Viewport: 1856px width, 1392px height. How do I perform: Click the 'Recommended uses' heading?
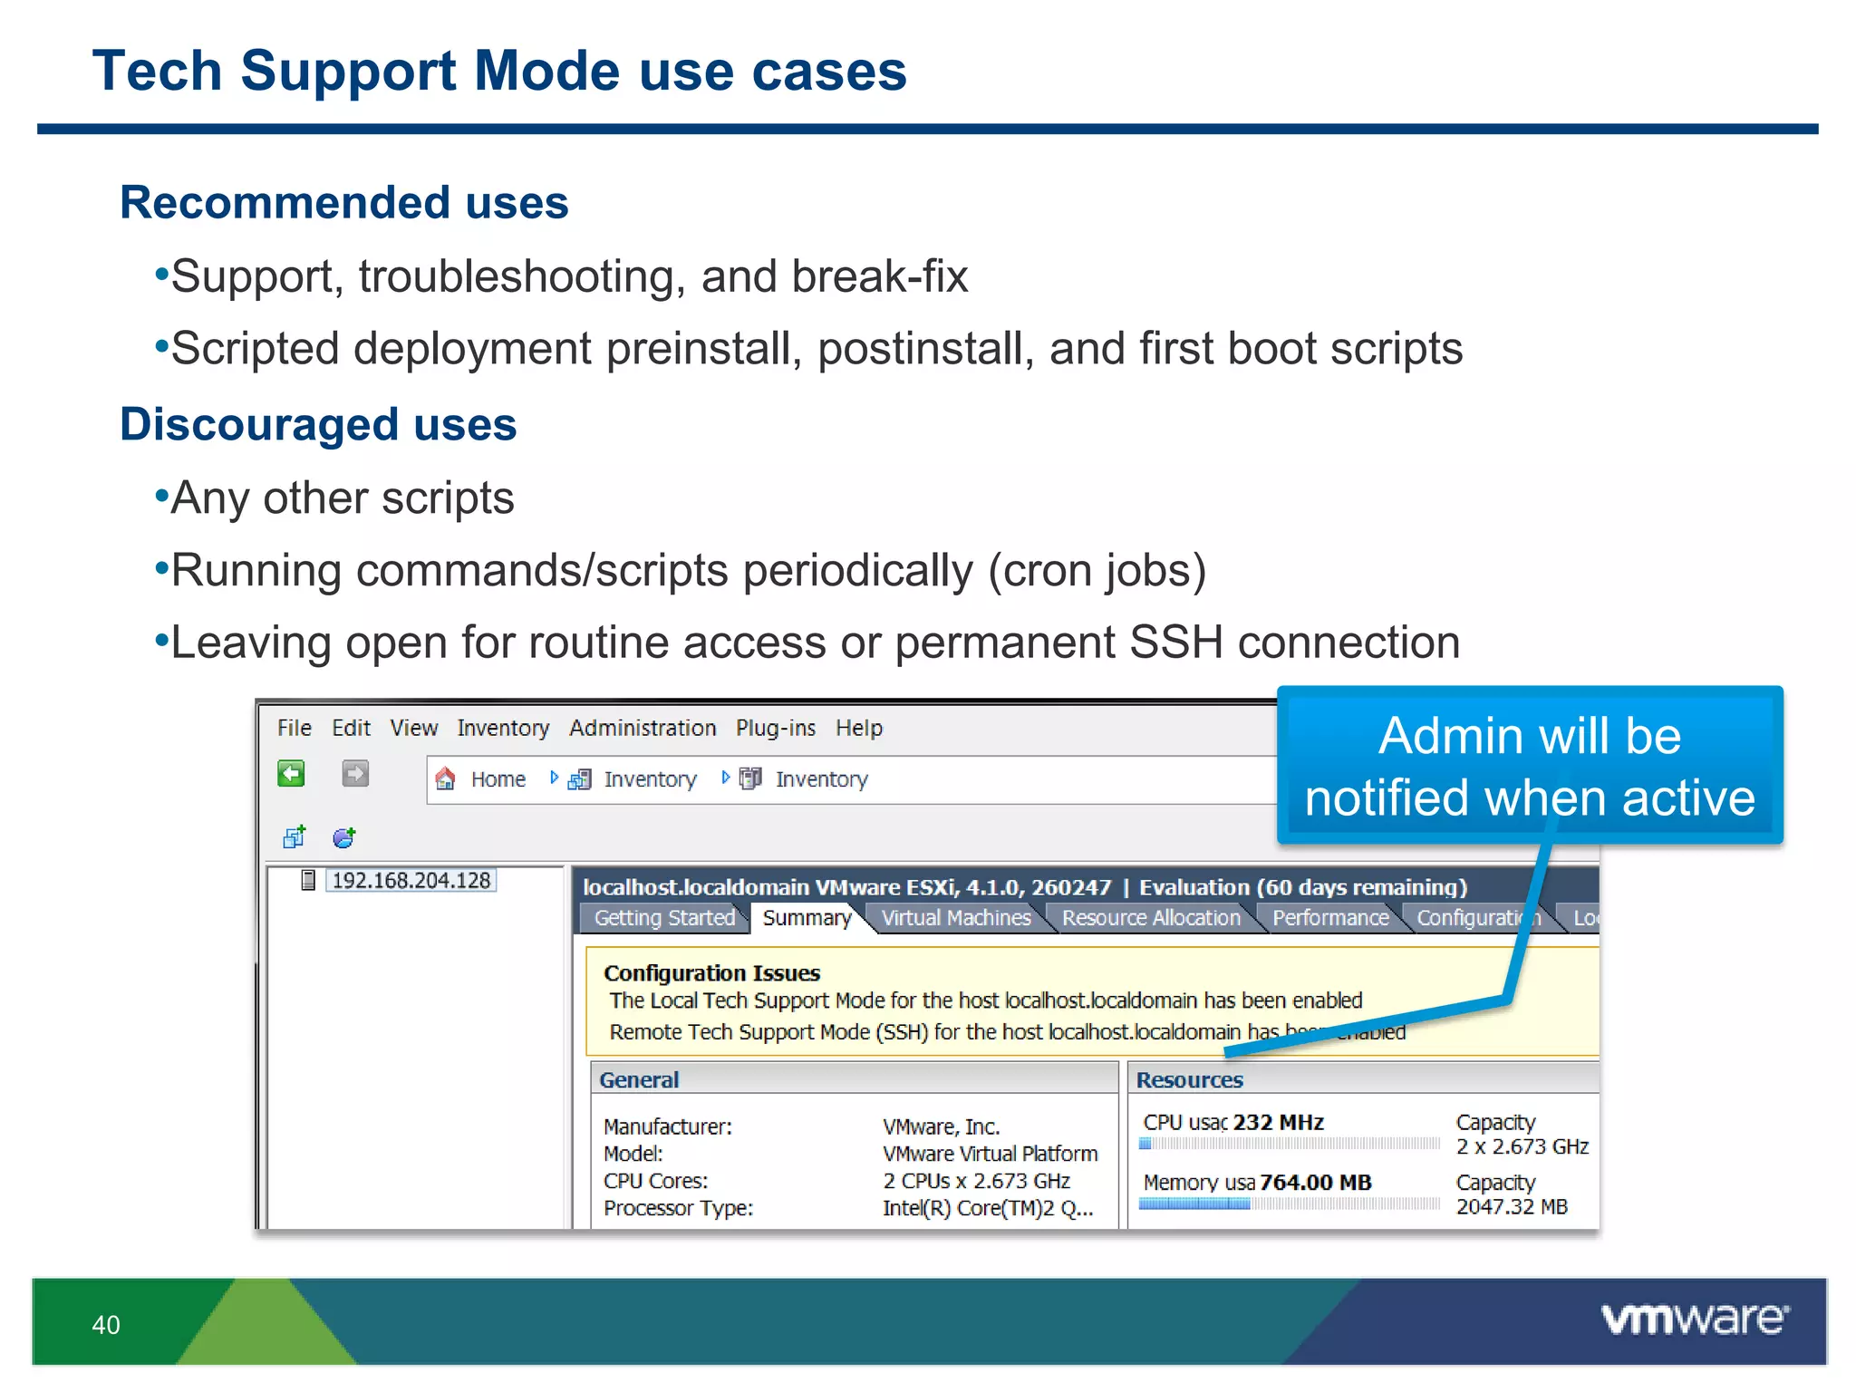coord(343,202)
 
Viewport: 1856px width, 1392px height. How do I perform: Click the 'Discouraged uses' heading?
coord(318,424)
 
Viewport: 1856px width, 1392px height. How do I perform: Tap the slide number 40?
coord(105,1325)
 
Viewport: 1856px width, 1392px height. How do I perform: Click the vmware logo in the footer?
coord(1694,1319)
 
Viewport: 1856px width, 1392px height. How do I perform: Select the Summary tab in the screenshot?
coord(806,918)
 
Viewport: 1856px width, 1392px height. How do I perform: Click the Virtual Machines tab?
coord(955,918)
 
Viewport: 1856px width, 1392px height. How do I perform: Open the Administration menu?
coord(642,728)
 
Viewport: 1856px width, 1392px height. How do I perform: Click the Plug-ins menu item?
coord(775,728)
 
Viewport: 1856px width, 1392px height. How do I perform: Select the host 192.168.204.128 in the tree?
coord(410,880)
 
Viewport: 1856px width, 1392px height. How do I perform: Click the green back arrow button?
coord(291,774)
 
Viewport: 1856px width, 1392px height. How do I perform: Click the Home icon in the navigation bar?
coord(445,778)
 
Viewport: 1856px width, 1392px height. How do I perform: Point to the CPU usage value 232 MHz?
coord(1278,1122)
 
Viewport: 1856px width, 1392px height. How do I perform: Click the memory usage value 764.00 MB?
coord(1315,1183)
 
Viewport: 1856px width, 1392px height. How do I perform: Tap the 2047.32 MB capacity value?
coord(1511,1207)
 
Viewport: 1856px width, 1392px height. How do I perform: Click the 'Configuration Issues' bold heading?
coord(711,973)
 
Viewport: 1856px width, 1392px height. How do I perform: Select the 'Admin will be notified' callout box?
coord(1529,766)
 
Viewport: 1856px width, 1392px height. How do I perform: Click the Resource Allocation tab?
coord(1150,918)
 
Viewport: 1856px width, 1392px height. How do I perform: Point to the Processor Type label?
coord(678,1208)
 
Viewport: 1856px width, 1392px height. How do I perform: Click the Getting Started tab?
coord(663,918)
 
